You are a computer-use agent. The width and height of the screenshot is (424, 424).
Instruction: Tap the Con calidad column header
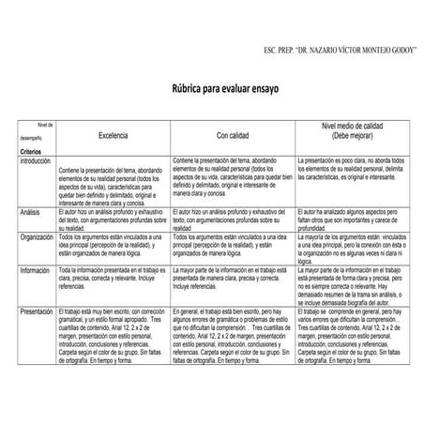click(235, 135)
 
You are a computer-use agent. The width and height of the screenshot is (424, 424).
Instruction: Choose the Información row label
click(37, 269)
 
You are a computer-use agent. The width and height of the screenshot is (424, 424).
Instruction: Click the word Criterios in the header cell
click(31, 150)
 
